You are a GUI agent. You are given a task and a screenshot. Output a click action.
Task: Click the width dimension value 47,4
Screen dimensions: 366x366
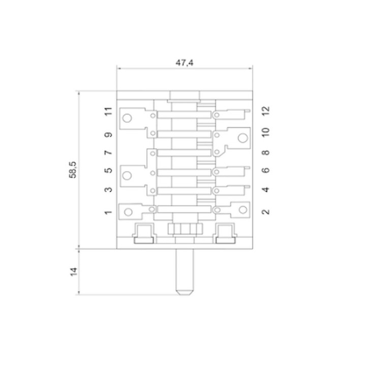click(x=185, y=63)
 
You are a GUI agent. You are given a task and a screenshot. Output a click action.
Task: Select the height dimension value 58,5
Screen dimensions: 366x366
click(x=73, y=170)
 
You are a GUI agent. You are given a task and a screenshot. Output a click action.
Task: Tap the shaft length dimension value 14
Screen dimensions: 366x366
click(x=74, y=272)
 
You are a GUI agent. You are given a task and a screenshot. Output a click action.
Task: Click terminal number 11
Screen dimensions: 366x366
click(x=108, y=111)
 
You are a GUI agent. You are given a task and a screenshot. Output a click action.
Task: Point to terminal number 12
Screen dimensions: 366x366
click(x=266, y=111)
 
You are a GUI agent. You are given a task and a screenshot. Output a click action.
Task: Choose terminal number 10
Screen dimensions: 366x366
click(x=266, y=132)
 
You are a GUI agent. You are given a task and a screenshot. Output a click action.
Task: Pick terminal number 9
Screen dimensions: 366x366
click(x=108, y=135)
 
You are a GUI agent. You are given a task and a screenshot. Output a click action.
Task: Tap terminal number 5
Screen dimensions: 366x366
click(x=108, y=170)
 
